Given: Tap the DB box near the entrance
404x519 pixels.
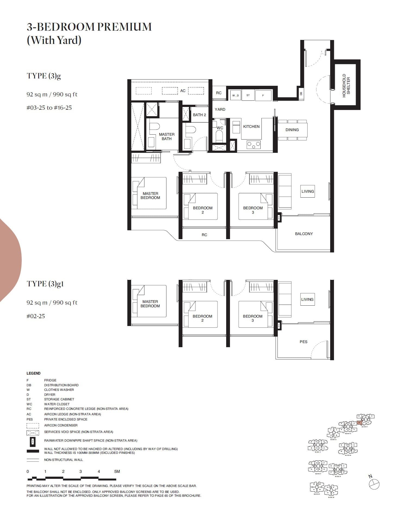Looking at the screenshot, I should [x=301, y=93].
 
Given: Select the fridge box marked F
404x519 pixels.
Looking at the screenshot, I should [x=263, y=95].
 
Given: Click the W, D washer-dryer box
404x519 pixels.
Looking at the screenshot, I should [x=235, y=95].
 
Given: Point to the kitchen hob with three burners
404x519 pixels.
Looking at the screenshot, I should [x=254, y=145].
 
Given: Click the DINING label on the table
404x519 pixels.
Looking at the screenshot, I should [x=292, y=130].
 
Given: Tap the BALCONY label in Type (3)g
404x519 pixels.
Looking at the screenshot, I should [x=304, y=234].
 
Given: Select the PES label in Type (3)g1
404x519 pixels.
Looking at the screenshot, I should [x=303, y=342].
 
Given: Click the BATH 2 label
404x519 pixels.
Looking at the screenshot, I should [x=199, y=115].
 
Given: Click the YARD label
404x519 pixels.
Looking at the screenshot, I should [x=220, y=109].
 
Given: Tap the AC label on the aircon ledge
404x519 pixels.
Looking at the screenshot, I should [x=183, y=91].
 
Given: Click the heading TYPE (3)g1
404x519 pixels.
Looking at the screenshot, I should [x=45, y=284].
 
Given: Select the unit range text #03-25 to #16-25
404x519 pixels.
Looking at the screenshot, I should [x=49, y=108].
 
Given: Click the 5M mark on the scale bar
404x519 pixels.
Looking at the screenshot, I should [x=117, y=471].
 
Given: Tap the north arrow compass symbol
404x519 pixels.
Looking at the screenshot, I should [x=374, y=484].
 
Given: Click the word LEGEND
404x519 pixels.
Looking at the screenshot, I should [x=33, y=373].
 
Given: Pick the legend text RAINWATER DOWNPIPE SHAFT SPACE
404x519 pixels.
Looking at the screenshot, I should [x=91, y=441].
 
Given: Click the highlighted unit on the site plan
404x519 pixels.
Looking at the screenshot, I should [x=359, y=423].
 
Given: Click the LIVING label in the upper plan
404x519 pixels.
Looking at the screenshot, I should [x=307, y=191].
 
